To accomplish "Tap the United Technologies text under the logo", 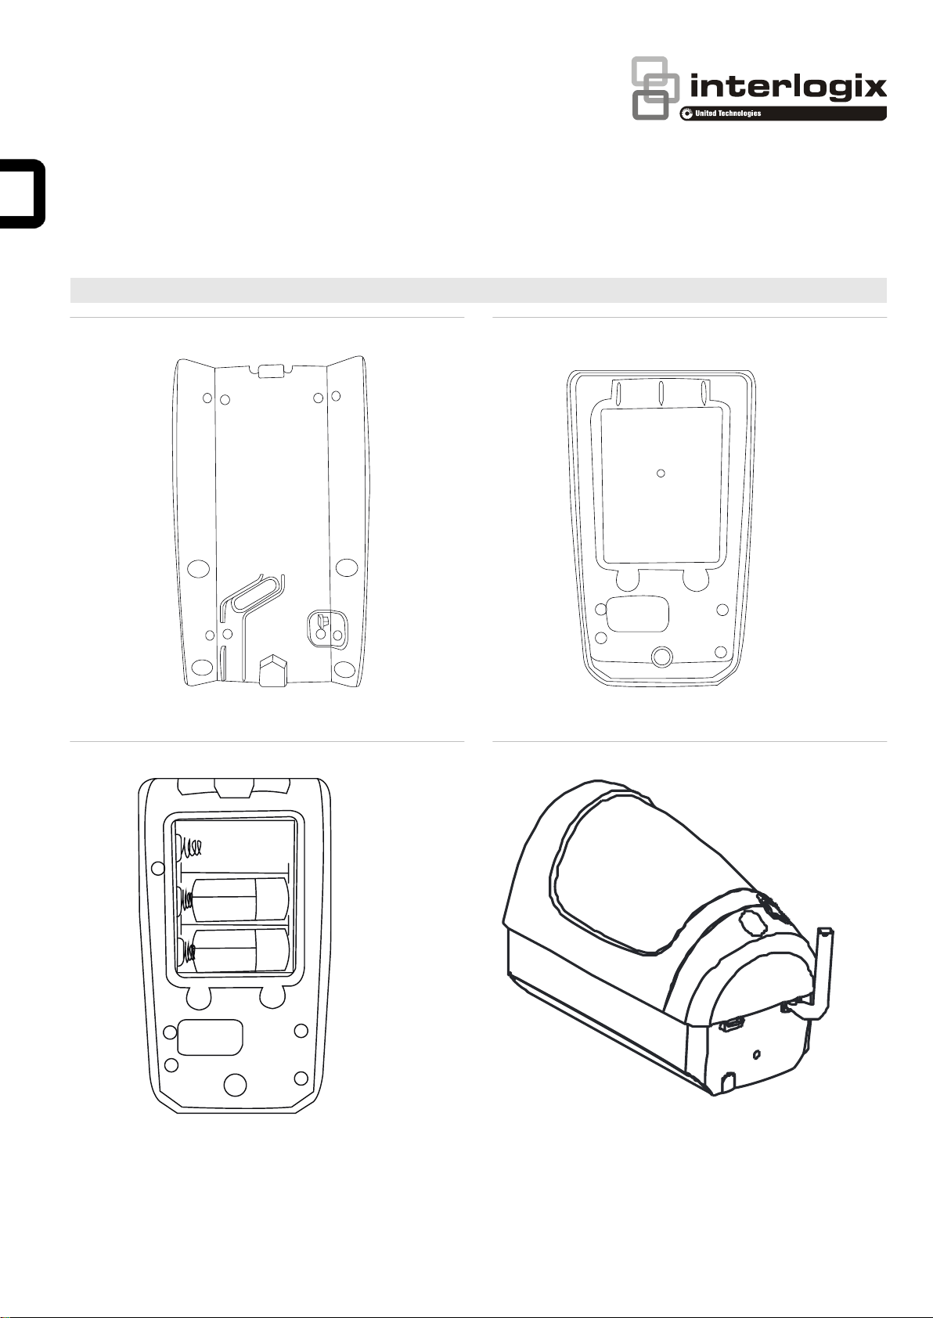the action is pyautogui.click(x=728, y=113).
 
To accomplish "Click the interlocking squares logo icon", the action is pyautogui.click(x=655, y=88).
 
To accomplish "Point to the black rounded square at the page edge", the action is pyautogui.click(x=23, y=193).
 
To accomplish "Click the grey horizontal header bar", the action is pyautogui.click(x=478, y=290).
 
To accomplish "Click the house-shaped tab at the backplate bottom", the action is pyautogui.click(x=271, y=670).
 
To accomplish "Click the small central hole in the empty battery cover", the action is pyautogui.click(x=661, y=473).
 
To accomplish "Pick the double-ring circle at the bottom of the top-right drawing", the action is pyautogui.click(x=662, y=656).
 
